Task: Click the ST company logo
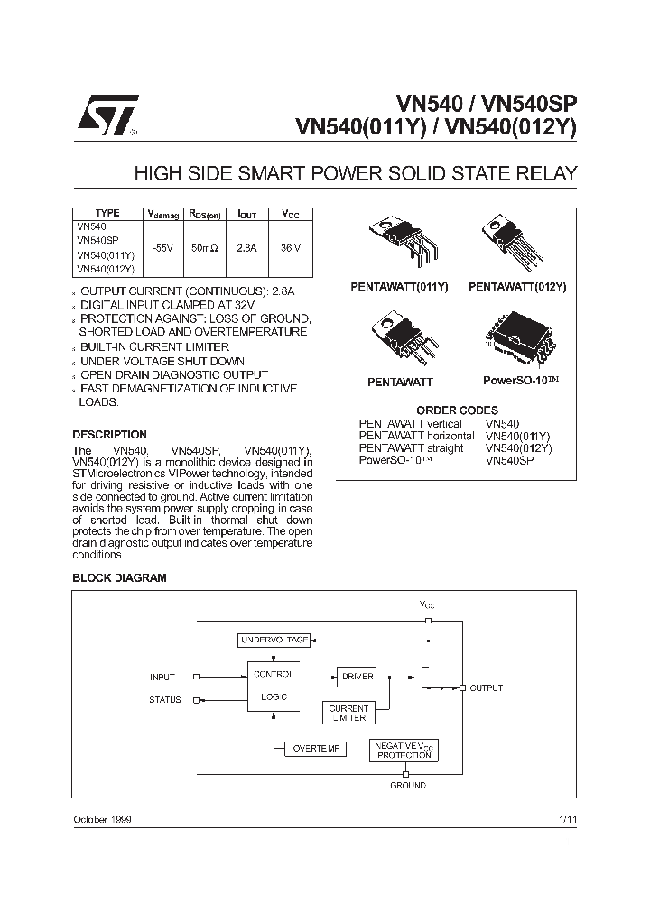[x=106, y=115]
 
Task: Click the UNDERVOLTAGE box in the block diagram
[x=274, y=640]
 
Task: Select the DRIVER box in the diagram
[x=356, y=676]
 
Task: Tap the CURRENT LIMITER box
[x=348, y=714]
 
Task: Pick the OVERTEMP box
[x=314, y=749]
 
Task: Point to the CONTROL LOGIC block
[x=272, y=686]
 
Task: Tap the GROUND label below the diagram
[x=408, y=786]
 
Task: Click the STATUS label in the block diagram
[x=165, y=700]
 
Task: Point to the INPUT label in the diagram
[x=162, y=677]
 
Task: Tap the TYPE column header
[x=107, y=214]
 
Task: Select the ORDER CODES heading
[x=457, y=410]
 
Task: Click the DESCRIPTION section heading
[x=109, y=435]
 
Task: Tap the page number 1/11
[x=567, y=818]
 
